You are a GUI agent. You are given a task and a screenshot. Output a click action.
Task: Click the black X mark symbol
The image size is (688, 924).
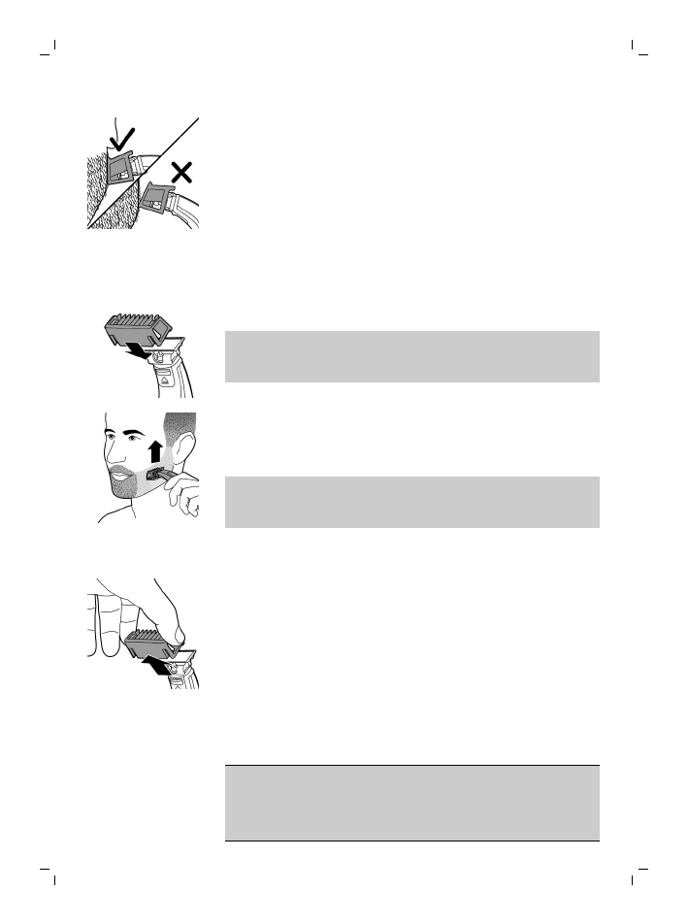coord(180,174)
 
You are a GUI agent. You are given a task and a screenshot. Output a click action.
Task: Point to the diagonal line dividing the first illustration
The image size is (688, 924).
coord(146,174)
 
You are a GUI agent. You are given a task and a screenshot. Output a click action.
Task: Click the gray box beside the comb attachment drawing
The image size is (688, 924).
coord(411,356)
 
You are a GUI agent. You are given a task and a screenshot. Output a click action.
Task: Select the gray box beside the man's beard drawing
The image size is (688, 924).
coord(411,502)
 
